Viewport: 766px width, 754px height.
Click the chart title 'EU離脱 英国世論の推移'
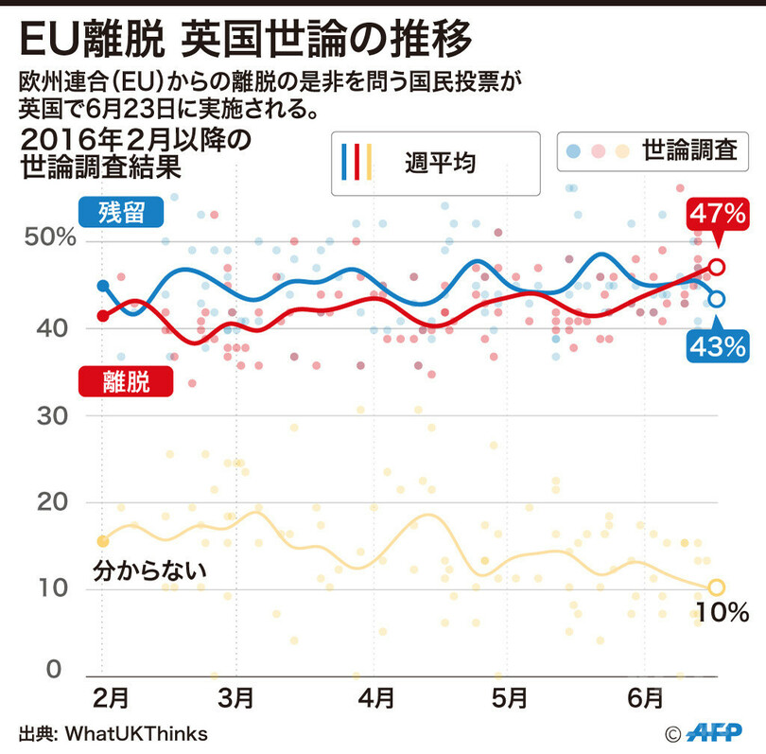[x=244, y=39]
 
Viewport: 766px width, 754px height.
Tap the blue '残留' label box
[x=120, y=211]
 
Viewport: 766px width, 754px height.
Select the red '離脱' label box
[x=125, y=381]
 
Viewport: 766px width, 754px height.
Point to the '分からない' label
[x=150, y=570]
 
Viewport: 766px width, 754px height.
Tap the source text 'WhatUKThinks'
[x=136, y=733]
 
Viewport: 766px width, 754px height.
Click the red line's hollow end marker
[x=717, y=266]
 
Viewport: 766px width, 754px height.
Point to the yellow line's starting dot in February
[x=102, y=541]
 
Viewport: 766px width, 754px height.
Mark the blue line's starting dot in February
[x=102, y=286]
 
